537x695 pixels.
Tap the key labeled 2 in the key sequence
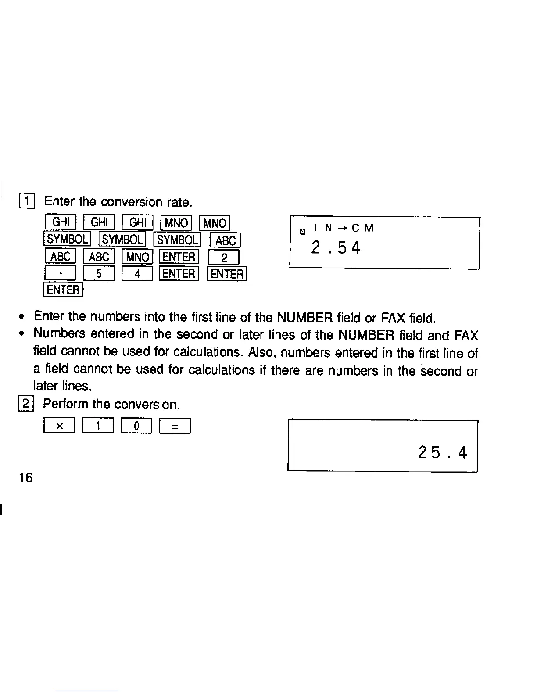(x=224, y=258)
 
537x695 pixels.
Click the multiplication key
(x=60, y=426)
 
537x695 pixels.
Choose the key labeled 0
(x=136, y=426)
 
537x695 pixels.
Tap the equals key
(x=175, y=426)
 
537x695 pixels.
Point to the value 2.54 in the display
(x=336, y=248)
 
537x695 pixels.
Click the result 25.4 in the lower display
(x=443, y=452)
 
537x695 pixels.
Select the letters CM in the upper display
(x=363, y=228)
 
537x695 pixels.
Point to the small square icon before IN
(x=302, y=231)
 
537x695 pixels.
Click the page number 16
(x=26, y=477)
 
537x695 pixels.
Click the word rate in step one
(x=179, y=202)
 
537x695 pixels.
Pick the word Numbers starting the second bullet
(x=60, y=334)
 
